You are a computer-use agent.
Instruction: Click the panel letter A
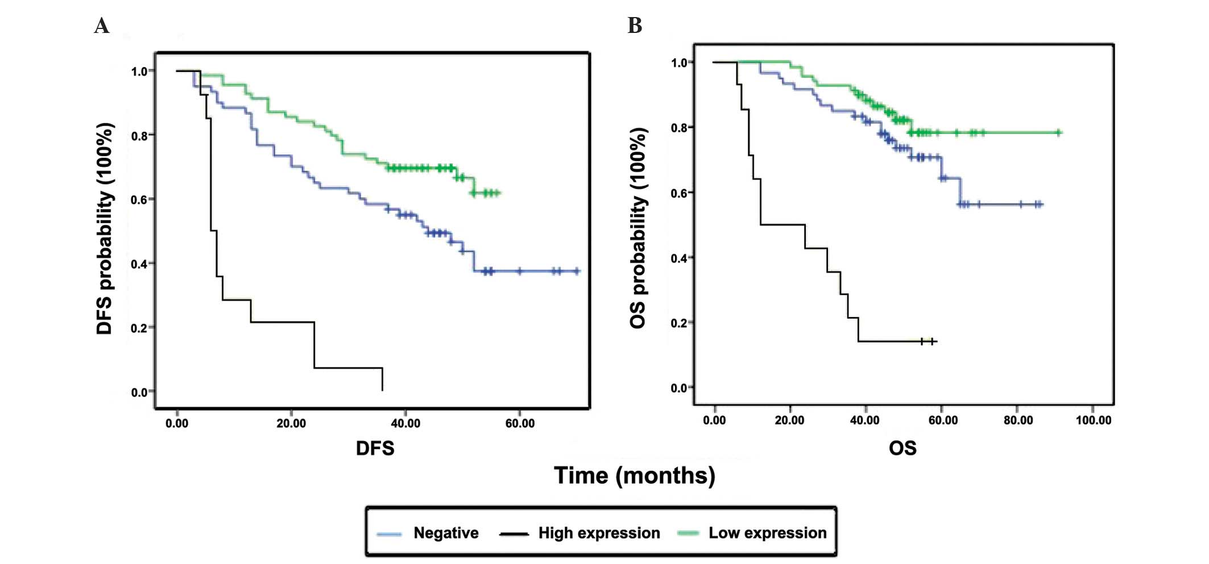point(102,26)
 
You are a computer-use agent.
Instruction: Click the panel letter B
point(635,26)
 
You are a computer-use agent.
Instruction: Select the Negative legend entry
point(445,533)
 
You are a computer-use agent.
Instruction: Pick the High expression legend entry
point(599,533)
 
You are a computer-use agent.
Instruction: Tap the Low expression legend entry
point(767,533)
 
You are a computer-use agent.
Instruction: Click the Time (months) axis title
point(635,475)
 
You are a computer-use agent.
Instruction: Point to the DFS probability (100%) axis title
point(105,229)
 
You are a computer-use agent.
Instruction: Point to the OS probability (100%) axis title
point(639,228)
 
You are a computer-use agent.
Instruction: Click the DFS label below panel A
point(375,448)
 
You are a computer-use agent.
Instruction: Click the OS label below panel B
point(902,448)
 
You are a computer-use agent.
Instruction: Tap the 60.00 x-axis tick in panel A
point(520,424)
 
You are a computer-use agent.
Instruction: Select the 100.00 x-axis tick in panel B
point(1093,420)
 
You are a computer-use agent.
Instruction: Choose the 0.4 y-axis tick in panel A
point(139,264)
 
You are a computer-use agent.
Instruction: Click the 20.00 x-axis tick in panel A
point(291,424)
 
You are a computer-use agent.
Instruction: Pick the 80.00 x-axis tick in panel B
point(1018,420)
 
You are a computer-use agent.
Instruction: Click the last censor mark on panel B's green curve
point(1059,133)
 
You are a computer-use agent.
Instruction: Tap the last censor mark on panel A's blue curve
point(577,271)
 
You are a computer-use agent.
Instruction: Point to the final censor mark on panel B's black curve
point(933,341)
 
